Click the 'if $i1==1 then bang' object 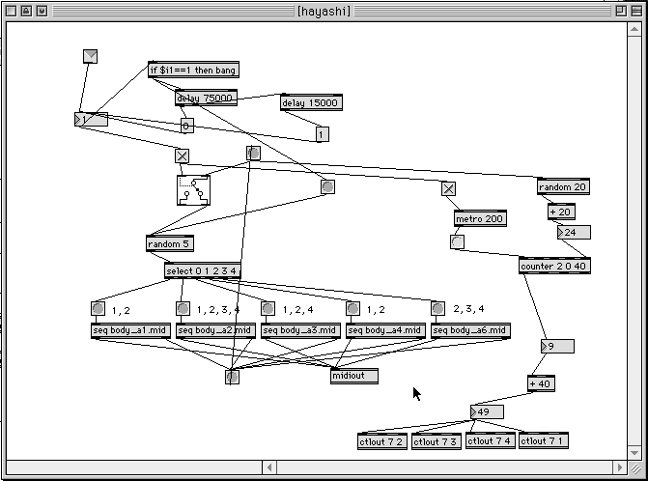pyautogui.click(x=193, y=71)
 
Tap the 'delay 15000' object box pyautogui.click(x=311, y=103)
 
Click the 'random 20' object pyautogui.click(x=563, y=187)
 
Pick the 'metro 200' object pyautogui.click(x=480, y=219)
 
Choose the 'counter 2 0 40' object pyautogui.click(x=553, y=267)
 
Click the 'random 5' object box pyautogui.click(x=169, y=244)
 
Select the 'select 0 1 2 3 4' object pyautogui.click(x=202, y=270)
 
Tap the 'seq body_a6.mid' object pyautogui.click(x=470, y=330)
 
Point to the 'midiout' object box pyautogui.click(x=353, y=376)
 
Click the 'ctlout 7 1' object pyautogui.click(x=543, y=441)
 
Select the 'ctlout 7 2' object pyautogui.click(x=382, y=441)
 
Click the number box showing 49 pyautogui.click(x=487, y=412)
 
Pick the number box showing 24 pyautogui.click(x=574, y=233)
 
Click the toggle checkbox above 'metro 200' pyautogui.click(x=448, y=189)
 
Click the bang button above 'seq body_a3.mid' pyautogui.click(x=268, y=309)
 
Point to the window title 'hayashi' pyautogui.click(x=324, y=10)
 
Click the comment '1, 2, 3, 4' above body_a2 pyautogui.click(x=217, y=310)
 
